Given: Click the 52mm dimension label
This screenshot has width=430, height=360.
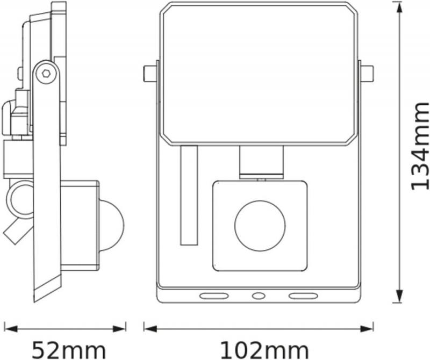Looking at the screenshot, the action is (69, 350).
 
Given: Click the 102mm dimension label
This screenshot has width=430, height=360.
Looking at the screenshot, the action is (264, 350).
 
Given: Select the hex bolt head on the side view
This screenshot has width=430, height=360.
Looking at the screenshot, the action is (46, 73).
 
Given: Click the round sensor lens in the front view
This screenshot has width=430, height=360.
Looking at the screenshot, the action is (260, 225).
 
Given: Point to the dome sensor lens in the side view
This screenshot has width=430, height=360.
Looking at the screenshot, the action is (112, 225).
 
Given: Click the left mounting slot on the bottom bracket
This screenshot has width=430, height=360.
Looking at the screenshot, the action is (214, 296).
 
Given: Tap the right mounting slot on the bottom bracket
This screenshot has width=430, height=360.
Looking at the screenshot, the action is (303, 296).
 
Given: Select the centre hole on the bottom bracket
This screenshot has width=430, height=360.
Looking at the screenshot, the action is (259, 296).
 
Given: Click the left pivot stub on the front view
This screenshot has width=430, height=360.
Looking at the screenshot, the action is (150, 74).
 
